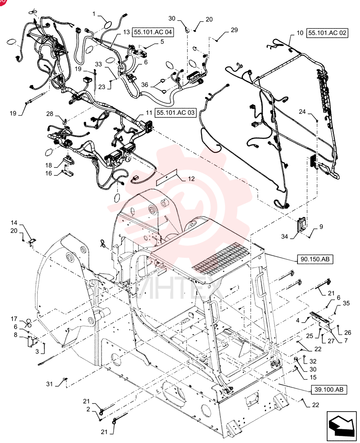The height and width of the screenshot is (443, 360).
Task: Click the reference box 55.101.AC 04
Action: [x=153, y=32]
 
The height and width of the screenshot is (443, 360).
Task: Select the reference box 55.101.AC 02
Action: [x=327, y=33]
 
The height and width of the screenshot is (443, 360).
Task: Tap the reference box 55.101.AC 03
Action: [x=176, y=113]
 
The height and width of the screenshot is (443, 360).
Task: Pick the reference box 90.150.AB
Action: [x=315, y=259]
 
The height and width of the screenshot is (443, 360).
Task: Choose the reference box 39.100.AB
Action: [x=329, y=389]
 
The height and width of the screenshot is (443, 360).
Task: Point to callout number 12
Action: [x=191, y=179]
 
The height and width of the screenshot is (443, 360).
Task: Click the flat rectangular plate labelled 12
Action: [x=167, y=177]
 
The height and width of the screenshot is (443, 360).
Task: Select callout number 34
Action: [x=284, y=236]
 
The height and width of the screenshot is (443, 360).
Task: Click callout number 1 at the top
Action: [x=94, y=14]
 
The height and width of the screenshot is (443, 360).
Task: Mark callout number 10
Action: [x=300, y=33]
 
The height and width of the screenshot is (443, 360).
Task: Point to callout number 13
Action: [x=126, y=32]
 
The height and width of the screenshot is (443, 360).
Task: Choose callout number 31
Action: [x=50, y=384]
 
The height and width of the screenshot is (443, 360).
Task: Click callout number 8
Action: [x=15, y=335]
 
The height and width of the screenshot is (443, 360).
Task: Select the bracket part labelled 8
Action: [x=31, y=341]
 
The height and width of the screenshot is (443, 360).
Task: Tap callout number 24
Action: [x=302, y=112]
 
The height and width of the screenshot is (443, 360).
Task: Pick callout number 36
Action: [x=145, y=85]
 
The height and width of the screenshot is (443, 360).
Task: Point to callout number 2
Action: [x=88, y=409]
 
